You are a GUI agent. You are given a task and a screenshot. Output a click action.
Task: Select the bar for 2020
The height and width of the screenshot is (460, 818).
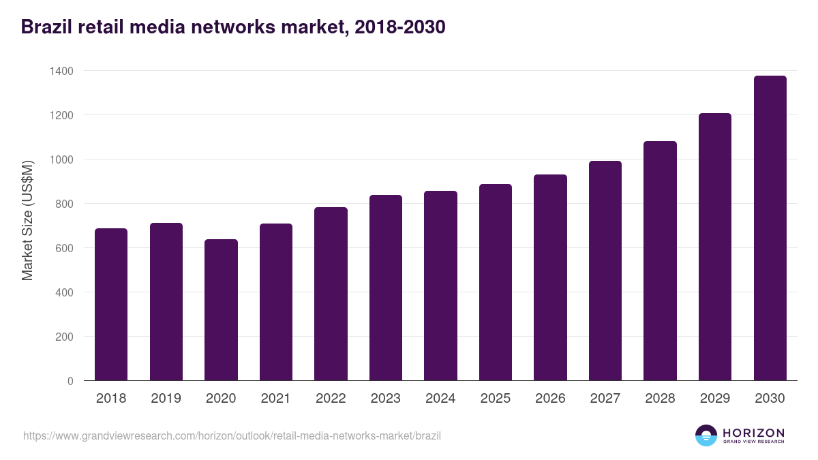(x=221, y=310)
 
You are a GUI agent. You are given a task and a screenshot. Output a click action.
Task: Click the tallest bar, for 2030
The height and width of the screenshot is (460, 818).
(x=770, y=228)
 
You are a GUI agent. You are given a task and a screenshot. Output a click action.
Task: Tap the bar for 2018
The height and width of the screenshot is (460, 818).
(x=111, y=305)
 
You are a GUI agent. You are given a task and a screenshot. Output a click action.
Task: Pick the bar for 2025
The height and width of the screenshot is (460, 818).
(x=496, y=282)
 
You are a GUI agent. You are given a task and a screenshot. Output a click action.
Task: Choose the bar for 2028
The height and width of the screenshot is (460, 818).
(x=660, y=261)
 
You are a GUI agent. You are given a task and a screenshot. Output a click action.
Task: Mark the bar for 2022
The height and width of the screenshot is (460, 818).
(x=331, y=294)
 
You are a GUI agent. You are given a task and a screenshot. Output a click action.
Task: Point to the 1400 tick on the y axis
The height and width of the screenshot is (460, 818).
(x=61, y=71)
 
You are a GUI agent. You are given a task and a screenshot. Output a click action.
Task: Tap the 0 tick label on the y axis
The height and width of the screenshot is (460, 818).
(x=70, y=381)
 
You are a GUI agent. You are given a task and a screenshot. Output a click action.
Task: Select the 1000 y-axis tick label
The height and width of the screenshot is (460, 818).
(x=61, y=159)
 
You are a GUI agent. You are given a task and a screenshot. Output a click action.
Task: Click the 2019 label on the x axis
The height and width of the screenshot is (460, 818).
(x=166, y=399)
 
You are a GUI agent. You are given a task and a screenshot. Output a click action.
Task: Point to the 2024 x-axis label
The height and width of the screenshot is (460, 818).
(x=440, y=399)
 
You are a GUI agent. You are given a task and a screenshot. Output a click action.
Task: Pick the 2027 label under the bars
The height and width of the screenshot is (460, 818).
(x=605, y=399)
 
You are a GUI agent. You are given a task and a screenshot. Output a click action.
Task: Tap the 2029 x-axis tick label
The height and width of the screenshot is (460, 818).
(x=715, y=399)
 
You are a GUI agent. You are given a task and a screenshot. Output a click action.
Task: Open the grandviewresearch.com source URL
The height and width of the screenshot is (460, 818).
(x=232, y=435)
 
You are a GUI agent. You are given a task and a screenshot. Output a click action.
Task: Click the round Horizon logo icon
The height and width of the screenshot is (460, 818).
(x=706, y=435)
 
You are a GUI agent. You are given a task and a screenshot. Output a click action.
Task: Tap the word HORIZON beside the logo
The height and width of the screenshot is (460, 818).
(x=753, y=433)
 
